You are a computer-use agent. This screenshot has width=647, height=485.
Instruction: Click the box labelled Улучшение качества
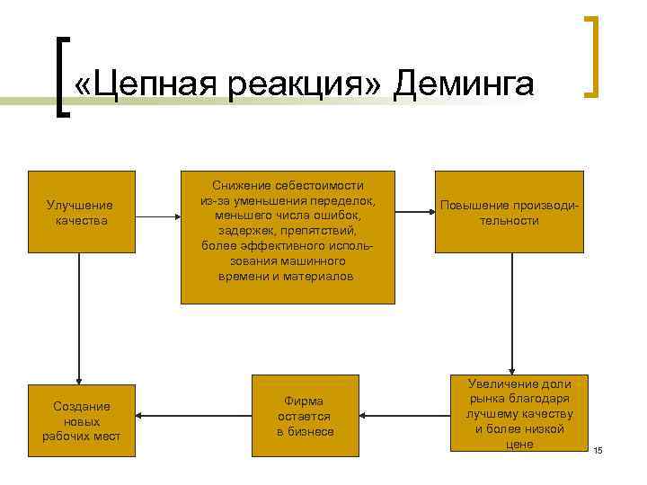(x=80, y=212)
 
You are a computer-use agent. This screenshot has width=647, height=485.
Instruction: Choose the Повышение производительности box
(x=509, y=212)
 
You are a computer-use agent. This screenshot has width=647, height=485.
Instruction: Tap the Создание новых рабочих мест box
(x=80, y=418)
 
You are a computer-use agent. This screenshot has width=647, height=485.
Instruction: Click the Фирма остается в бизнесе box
(x=305, y=417)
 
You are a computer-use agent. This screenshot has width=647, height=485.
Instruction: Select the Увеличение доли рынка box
(x=518, y=413)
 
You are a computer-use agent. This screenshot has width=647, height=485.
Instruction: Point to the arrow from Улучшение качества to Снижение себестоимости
(x=158, y=216)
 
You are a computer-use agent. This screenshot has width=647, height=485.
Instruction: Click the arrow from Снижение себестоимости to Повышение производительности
(x=415, y=213)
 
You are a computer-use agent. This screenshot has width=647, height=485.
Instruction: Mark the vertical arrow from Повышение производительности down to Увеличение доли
(x=512, y=314)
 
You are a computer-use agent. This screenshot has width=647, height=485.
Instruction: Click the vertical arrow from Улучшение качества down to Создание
(x=80, y=319)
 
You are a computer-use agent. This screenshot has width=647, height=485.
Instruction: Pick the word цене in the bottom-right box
(x=519, y=444)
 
